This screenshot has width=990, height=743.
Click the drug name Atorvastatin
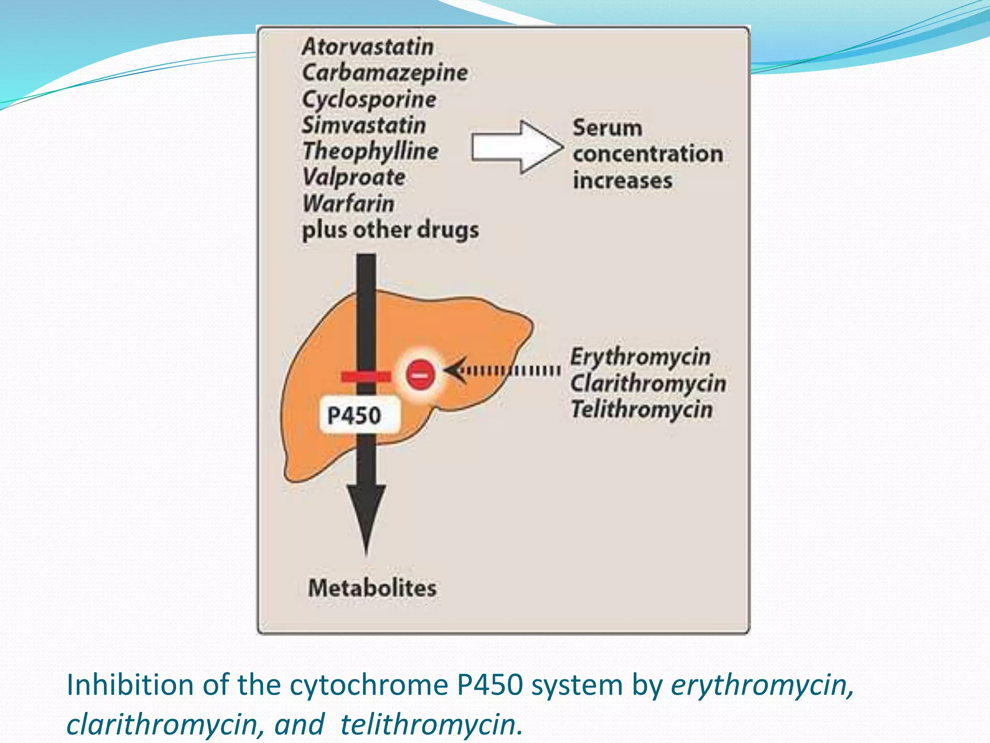click(368, 47)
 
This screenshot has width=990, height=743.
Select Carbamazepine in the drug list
click(385, 73)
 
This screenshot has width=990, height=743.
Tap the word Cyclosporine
click(369, 100)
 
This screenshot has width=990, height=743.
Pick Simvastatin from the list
click(364, 125)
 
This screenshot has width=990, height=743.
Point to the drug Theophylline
click(370, 151)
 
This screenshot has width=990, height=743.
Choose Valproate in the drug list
click(354, 178)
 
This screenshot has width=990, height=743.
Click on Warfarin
click(349, 203)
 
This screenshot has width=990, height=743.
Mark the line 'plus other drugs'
click(390, 230)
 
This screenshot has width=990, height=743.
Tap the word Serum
click(608, 128)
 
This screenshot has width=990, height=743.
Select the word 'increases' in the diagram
click(623, 180)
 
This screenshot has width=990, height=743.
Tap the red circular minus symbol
click(420, 374)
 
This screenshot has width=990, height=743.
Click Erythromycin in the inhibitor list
click(641, 357)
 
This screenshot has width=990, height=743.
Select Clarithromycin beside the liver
click(648, 384)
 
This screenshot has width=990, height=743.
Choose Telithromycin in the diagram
click(642, 410)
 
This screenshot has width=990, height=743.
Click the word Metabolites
click(372, 588)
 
